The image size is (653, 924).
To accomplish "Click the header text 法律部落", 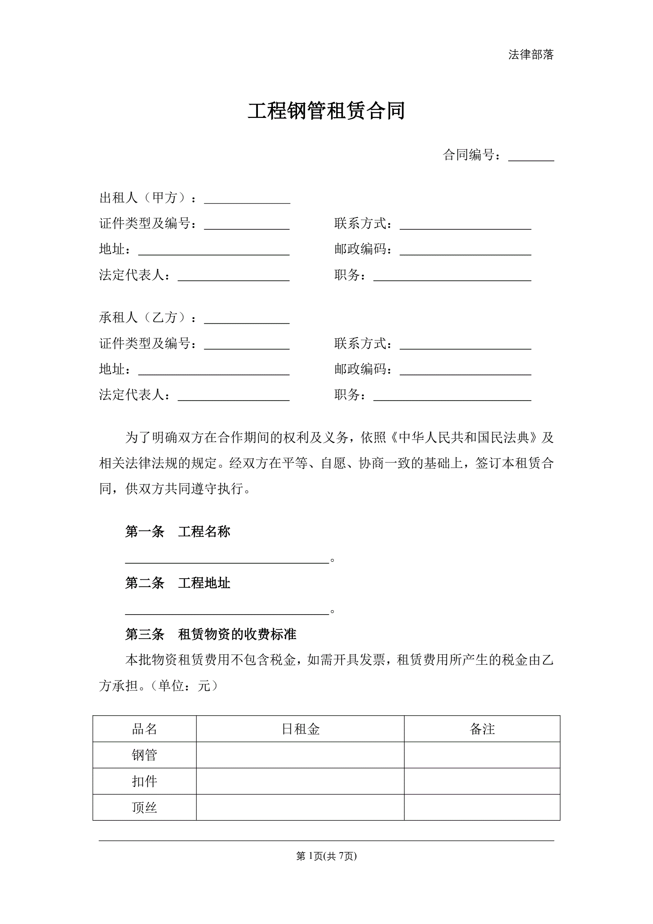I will [x=531, y=55].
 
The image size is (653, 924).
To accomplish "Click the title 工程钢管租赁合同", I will [x=326, y=111].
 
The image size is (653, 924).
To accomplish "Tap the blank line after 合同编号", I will [x=531, y=157].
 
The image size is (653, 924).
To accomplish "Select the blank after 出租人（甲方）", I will [x=247, y=200].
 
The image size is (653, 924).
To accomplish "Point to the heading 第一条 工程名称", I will [x=177, y=532].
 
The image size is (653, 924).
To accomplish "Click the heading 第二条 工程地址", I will [x=177, y=583].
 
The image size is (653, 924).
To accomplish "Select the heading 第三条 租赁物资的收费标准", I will [x=211, y=635].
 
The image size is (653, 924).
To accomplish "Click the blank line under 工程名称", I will [x=227, y=559].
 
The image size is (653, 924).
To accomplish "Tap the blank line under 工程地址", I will [x=227, y=611].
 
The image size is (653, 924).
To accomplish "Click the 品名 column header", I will [x=145, y=729].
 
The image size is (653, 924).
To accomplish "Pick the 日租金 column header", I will [x=300, y=729].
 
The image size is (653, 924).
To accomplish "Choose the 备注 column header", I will [x=482, y=729].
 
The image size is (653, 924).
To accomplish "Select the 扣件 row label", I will [x=145, y=782].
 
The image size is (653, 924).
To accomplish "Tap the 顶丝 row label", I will [x=145, y=808].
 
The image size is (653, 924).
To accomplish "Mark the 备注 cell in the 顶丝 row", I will [x=482, y=808].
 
